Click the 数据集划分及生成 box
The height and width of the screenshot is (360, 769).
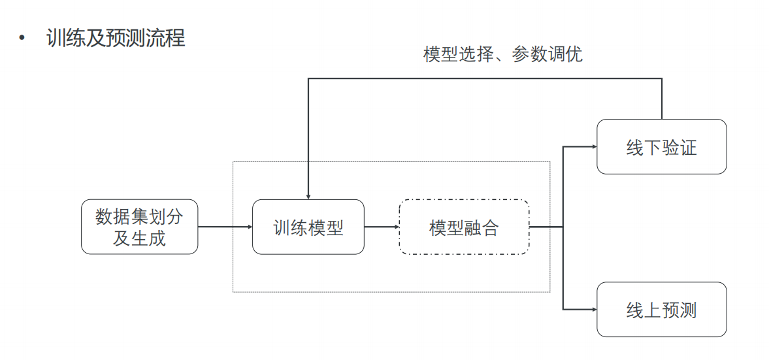click(x=139, y=227)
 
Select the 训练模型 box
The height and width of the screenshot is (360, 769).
click(x=308, y=227)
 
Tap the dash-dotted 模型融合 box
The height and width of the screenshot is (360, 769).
click(x=463, y=227)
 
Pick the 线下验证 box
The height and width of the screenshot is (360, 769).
click(x=661, y=146)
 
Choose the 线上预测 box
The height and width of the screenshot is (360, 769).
click(x=661, y=309)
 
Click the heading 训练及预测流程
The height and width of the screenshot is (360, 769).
click(x=116, y=37)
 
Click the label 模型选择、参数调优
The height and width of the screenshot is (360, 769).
click(x=502, y=54)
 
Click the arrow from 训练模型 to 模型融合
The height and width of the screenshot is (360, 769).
click(x=381, y=227)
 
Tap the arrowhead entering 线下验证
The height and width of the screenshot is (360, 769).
click(x=593, y=146)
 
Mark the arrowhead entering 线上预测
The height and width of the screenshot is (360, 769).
click(x=593, y=309)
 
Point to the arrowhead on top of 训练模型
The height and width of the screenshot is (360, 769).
click(x=308, y=196)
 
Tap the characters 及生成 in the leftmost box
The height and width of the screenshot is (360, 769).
click(x=139, y=238)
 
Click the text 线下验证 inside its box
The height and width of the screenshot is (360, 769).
click(x=661, y=147)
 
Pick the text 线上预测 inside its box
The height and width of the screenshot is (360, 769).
click(x=661, y=310)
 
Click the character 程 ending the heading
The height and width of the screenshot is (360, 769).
click(x=176, y=37)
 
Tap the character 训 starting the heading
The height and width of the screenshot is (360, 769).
click(x=56, y=37)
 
